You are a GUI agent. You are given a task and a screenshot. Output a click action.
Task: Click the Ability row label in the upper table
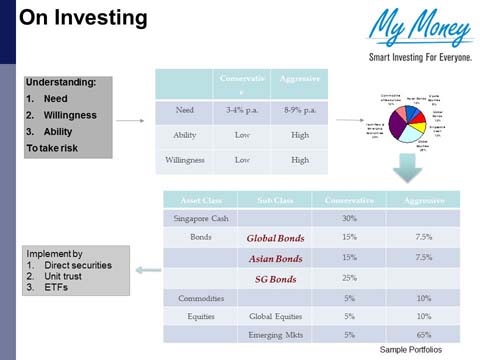pyautogui.click(x=186, y=135)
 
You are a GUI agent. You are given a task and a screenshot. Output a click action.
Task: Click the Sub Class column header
pyautogui.click(x=274, y=200)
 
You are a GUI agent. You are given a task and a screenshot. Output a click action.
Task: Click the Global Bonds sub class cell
pyautogui.click(x=274, y=239)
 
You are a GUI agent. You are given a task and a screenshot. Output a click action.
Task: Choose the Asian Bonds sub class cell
pyautogui.click(x=274, y=258)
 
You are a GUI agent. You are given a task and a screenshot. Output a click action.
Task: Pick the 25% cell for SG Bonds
pyautogui.click(x=349, y=277)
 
